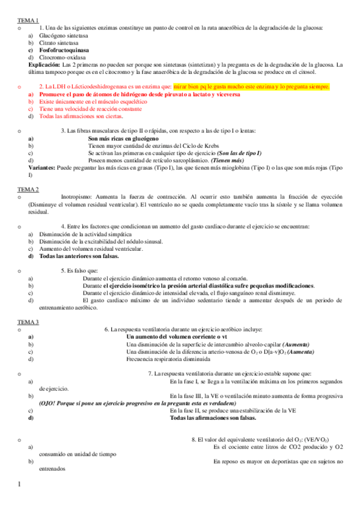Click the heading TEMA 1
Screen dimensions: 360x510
click(28, 20)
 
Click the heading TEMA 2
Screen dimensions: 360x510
click(28, 190)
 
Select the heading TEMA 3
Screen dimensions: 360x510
click(28, 322)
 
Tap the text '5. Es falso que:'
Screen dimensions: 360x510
click(81, 270)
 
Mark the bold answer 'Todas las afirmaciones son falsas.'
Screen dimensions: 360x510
click(213, 417)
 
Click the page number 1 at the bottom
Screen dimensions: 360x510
click(19, 485)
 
